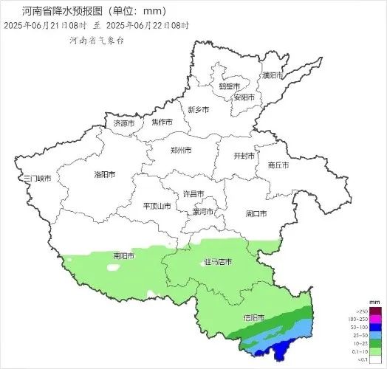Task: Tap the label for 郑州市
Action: coord(181,150)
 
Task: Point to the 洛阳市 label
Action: coord(105,175)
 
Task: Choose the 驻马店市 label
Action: coord(217,262)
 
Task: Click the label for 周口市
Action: coord(256,213)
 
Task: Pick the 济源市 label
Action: coord(123,123)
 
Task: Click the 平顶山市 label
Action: coord(156,206)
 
